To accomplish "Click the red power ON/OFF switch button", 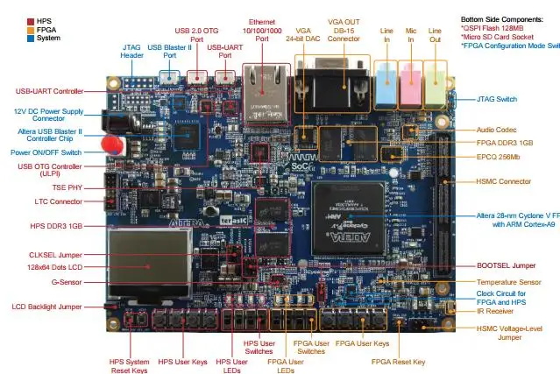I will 110,145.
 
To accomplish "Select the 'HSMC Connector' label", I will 503,181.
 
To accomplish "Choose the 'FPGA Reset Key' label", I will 398,360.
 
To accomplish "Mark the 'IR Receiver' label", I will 493,309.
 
